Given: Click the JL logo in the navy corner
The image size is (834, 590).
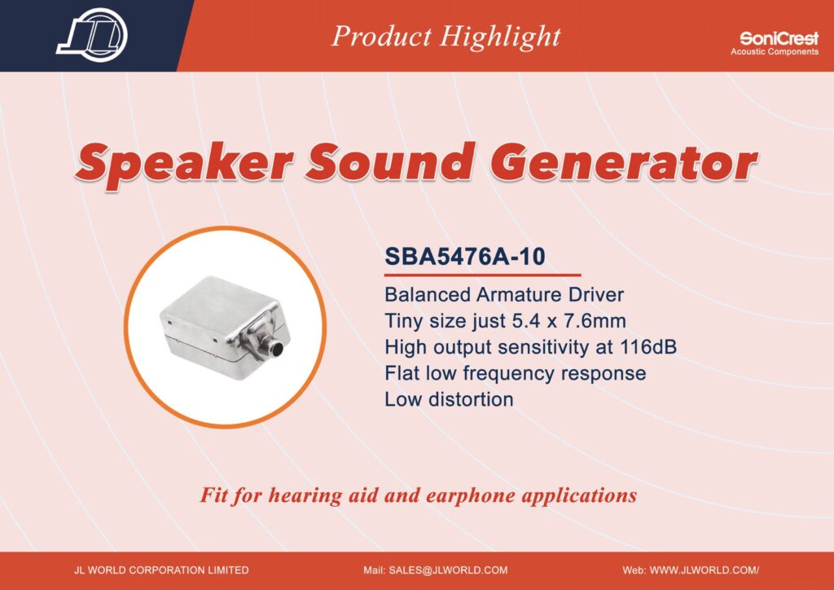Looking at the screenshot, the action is click(92, 35).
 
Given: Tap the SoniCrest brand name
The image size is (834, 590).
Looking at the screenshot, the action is click(779, 39).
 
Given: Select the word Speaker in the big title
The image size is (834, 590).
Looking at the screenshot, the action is click(184, 162).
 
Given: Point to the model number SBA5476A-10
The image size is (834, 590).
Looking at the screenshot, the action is click(465, 257).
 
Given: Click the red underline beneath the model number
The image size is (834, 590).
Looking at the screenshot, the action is click(482, 275).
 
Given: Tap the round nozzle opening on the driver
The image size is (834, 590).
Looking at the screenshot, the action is click(277, 349).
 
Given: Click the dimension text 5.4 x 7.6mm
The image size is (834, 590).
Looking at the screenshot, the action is click(568, 321).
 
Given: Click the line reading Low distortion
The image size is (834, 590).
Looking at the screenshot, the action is click(449, 399).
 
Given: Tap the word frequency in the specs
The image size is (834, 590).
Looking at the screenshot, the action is click(509, 373).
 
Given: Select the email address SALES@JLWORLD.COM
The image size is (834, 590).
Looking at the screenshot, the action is click(449, 570).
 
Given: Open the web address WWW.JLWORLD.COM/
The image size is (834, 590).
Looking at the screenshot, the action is click(705, 570).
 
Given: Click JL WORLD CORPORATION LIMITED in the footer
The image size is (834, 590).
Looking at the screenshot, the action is click(161, 570).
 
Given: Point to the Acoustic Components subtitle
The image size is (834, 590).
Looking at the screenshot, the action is click(775, 51).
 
